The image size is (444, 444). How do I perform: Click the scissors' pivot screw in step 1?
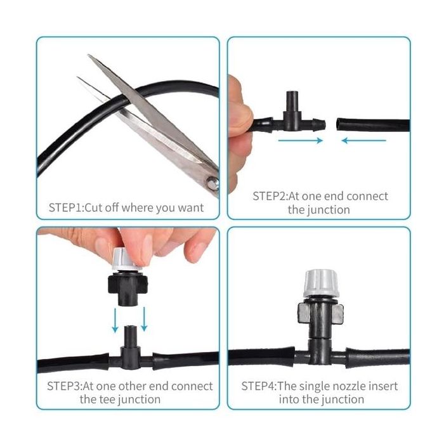coord(212,183)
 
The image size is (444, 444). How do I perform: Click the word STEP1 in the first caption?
coord(65,207)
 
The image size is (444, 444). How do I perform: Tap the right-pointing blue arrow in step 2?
coord(301,140)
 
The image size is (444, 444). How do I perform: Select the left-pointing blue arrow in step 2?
coord(363,140)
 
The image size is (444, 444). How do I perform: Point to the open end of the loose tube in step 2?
coord(338,124)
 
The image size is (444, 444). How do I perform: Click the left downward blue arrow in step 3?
coord(115,320)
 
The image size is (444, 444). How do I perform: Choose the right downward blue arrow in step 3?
coord(144,319)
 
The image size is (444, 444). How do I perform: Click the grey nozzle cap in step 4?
coord(321,284)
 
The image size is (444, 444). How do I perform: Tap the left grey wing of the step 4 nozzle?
coord(303,313)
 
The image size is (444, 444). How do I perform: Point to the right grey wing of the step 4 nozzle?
coord(337,314)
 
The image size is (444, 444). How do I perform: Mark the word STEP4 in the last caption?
coord(258,386)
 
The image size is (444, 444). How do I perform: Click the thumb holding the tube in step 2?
coord(240,119)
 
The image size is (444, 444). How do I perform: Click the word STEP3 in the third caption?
coord(63,386)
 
